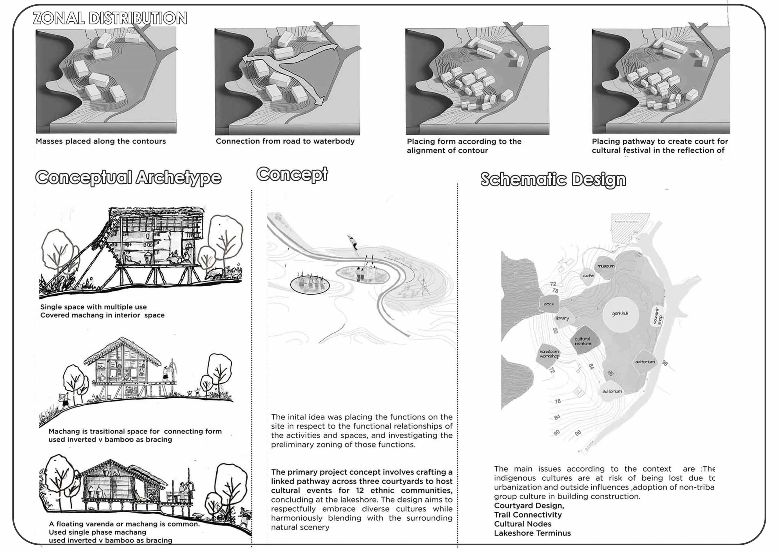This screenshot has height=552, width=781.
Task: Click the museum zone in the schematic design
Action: (606, 266)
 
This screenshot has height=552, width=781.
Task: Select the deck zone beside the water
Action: (549, 304)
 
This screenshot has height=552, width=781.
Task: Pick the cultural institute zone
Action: (583, 342)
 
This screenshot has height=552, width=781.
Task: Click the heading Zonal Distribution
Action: (110, 18)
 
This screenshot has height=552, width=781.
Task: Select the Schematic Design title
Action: (553, 180)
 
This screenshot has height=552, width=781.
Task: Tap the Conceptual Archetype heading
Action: (128, 178)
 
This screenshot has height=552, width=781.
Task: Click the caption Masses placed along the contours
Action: (101, 142)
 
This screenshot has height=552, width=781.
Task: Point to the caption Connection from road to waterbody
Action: (285, 142)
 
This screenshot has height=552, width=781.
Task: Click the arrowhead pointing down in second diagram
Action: (319, 101)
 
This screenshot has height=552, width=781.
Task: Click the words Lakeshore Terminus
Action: (532, 533)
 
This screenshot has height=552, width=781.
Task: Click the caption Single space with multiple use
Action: (94, 307)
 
